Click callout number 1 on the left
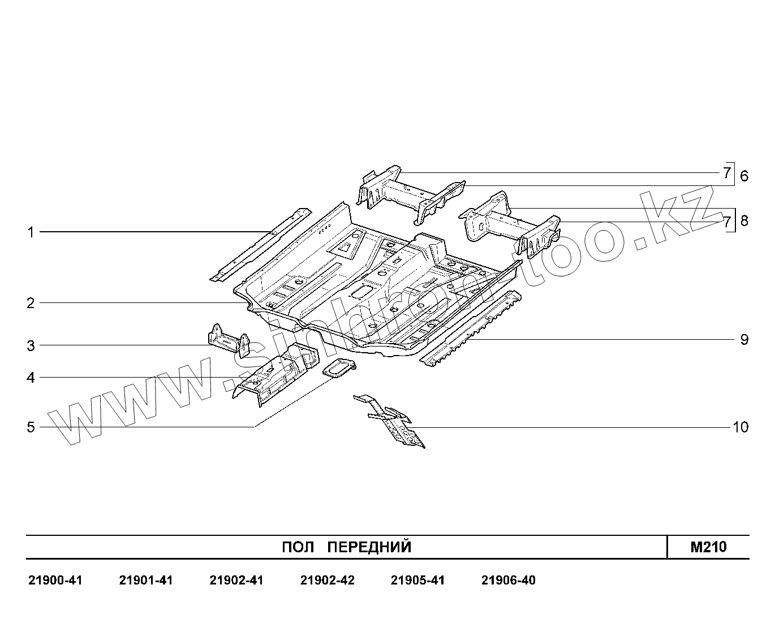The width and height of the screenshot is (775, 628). [31, 232]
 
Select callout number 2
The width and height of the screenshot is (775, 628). [31, 303]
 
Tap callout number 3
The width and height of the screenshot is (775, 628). [31, 345]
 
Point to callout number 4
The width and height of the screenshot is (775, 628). [31, 378]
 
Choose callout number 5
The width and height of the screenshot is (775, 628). [31, 427]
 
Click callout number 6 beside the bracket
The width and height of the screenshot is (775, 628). [744, 176]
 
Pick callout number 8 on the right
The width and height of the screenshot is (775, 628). [744, 220]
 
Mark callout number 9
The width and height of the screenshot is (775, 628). [744, 340]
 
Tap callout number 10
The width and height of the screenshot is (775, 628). [740, 427]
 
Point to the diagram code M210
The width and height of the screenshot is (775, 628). [708, 547]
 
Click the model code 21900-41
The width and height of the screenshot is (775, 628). [55, 581]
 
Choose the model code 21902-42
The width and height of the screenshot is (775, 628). [327, 581]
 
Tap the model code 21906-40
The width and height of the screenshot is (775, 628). [508, 581]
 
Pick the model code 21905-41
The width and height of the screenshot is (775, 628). [417, 581]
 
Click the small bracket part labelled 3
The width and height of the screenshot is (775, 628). [227, 341]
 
